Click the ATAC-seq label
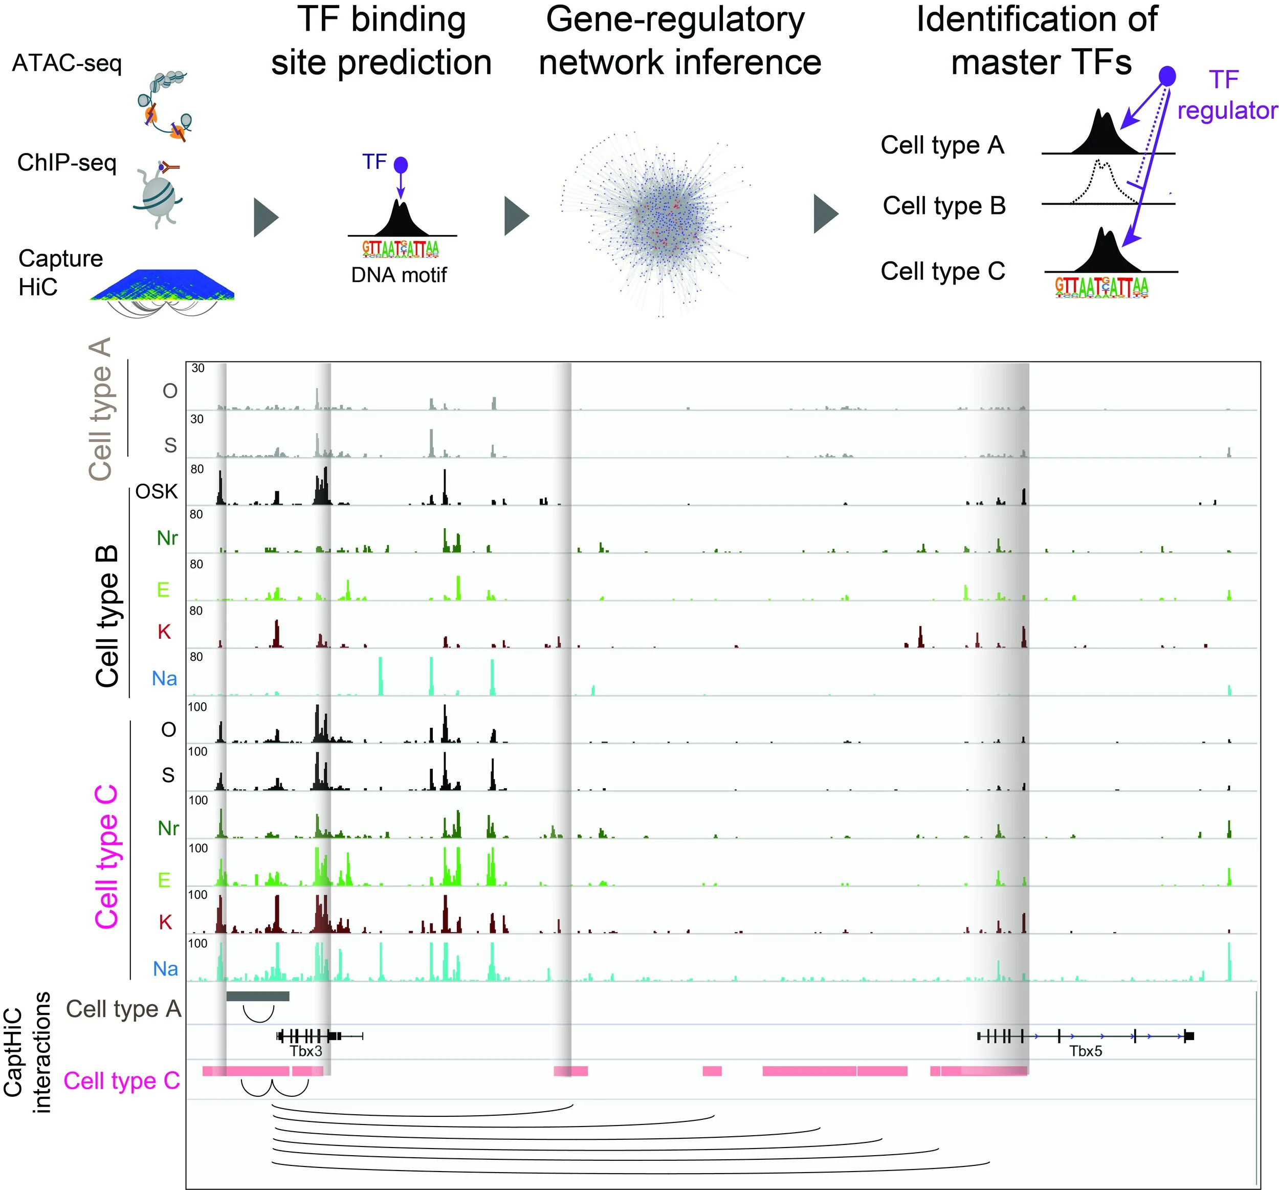(67, 63)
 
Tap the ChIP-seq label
(67, 162)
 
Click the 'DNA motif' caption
(399, 275)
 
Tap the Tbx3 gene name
(305, 1051)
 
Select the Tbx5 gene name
(1085, 1051)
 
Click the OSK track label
(157, 492)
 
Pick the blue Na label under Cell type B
(165, 678)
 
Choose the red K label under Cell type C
(165, 922)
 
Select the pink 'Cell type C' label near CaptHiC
(122, 1080)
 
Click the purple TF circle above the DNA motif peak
(401, 165)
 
